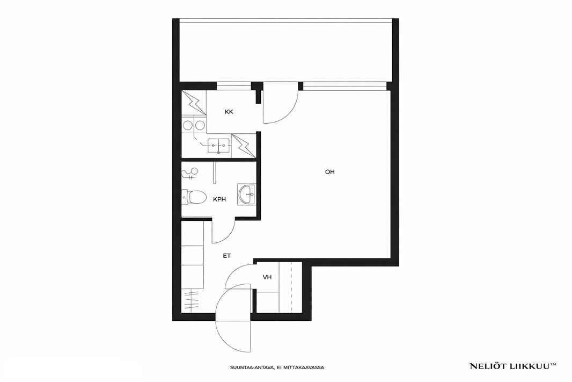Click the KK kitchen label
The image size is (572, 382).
pos(229,112)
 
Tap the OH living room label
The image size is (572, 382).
pos(330,171)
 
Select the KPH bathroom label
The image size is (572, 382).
pos(219,199)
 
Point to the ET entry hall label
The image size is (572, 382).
pos(227,256)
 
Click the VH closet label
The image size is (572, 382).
pos(267,277)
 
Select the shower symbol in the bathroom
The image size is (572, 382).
pos(190,174)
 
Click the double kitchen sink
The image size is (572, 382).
pos(219,146)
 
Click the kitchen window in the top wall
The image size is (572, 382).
pos(234,86)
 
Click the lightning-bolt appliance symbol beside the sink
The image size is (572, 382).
pos(243,146)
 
